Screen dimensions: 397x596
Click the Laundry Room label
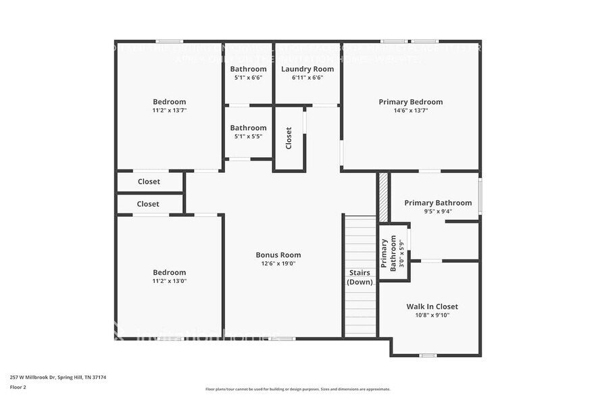click(307, 69)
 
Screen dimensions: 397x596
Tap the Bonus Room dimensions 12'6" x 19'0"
click(278, 263)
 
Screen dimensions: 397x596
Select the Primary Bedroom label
click(410, 102)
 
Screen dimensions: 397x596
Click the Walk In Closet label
click(432, 307)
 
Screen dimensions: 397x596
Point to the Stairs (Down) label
click(359, 277)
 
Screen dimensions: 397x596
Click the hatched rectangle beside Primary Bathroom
click(383, 197)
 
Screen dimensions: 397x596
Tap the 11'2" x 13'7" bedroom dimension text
click(169, 110)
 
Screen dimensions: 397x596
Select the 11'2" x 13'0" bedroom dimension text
click(169, 281)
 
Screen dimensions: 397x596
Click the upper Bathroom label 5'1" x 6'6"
click(248, 69)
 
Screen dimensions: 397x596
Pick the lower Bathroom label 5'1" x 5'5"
click(248, 128)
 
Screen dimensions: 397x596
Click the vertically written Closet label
click(289, 138)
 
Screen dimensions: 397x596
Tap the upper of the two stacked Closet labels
click(149, 182)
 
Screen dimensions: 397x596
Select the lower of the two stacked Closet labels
click(148, 204)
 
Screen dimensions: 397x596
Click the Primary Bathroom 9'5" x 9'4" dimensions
click(438, 211)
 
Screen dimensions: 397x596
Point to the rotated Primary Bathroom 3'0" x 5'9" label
click(392, 253)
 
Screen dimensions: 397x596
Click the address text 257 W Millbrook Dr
click(57, 377)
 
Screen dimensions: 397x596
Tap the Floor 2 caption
click(18, 387)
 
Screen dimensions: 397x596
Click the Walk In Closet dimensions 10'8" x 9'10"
click(432, 315)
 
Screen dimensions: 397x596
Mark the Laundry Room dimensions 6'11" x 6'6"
click(307, 77)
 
